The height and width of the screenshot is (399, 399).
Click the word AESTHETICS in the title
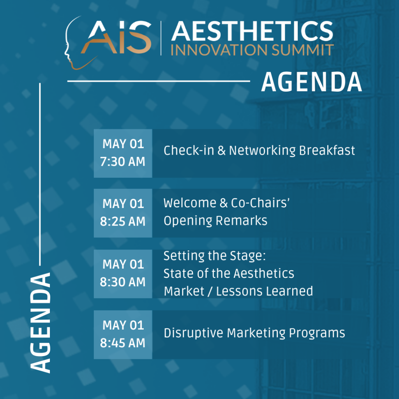pyautogui.click(x=252, y=31)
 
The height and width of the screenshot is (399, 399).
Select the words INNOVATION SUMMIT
pyautogui.click(x=252, y=50)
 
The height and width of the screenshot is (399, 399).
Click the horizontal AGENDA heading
pyautogui.click(x=311, y=82)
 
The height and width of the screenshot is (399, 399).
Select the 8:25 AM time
pyautogui.click(x=123, y=222)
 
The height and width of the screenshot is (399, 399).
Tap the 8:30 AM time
pyautogui.click(x=123, y=282)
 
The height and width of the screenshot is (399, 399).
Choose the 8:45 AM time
pyautogui.click(x=123, y=343)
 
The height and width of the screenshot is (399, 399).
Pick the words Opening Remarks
pyautogui.click(x=215, y=221)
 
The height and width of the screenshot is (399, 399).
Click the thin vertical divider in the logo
pyautogui.click(x=161, y=38)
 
